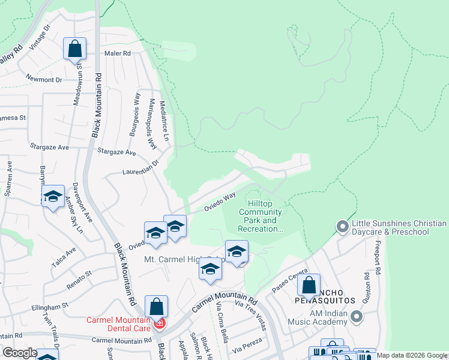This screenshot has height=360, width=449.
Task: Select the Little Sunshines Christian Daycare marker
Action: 343,227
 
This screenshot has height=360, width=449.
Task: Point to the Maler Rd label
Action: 119,53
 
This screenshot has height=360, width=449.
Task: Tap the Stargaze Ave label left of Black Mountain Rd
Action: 50,146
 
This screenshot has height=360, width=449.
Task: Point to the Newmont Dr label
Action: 44,79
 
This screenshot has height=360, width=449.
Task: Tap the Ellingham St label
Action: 50,307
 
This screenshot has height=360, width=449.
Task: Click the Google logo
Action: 20,353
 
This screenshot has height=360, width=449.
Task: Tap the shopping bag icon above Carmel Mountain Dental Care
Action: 156,307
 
